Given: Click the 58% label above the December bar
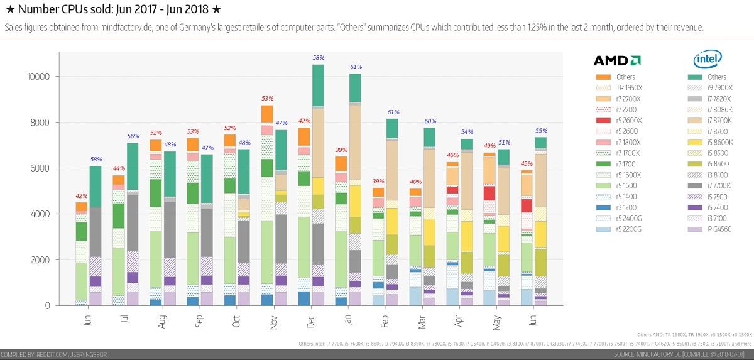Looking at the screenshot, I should tap(318, 58).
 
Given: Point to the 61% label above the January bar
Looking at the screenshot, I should tap(355, 67).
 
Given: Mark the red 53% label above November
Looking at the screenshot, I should tap(267, 99).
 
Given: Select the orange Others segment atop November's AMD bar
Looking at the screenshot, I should tap(267, 114).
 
